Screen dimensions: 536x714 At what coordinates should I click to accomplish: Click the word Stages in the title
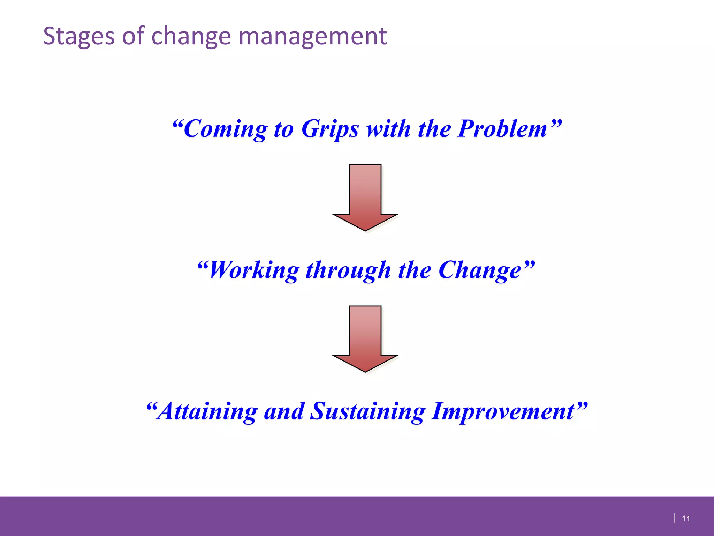(78, 36)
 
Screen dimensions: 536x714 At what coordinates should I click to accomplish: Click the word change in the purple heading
(191, 36)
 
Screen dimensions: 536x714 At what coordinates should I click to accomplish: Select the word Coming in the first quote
(225, 129)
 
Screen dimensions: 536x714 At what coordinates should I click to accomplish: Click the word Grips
(330, 129)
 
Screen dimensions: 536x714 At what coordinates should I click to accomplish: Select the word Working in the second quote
(254, 270)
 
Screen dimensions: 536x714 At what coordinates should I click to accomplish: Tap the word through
(348, 270)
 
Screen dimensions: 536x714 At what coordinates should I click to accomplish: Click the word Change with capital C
(480, 270)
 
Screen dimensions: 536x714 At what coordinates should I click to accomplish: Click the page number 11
(686, 519)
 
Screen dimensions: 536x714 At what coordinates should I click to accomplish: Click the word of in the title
(133, 36)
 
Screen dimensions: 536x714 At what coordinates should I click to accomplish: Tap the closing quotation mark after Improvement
(582, 406)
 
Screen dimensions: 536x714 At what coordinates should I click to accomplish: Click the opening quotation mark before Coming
(178, 124)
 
